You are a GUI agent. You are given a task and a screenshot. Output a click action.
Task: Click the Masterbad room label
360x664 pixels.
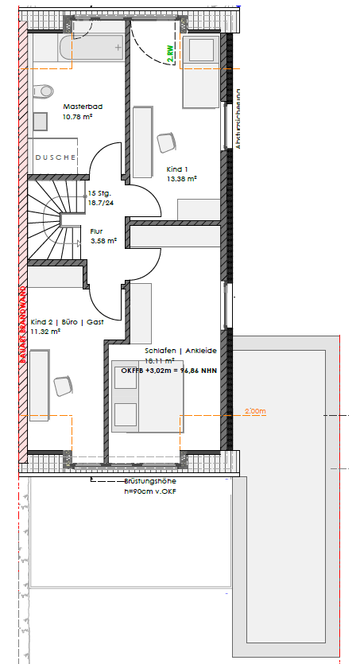[82, 106]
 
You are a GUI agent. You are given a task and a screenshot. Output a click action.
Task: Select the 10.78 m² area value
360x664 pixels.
[77, 116]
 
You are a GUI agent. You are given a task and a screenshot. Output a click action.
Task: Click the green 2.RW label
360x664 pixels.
[169, 53]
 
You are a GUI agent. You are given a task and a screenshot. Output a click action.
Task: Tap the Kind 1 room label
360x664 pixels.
[177, 169]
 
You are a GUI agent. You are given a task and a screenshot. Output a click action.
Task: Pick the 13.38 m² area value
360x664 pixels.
[181, 179]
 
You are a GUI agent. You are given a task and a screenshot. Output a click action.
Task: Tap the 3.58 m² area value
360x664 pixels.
[103, 240]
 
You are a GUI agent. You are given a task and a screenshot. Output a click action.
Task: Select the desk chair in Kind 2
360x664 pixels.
[62, 386]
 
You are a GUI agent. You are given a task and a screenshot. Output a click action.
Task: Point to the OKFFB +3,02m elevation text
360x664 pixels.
[168, 370]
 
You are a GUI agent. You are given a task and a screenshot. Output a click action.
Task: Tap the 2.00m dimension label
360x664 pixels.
[254, 411]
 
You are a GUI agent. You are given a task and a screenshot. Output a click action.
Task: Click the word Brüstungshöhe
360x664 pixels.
[150, 482]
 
